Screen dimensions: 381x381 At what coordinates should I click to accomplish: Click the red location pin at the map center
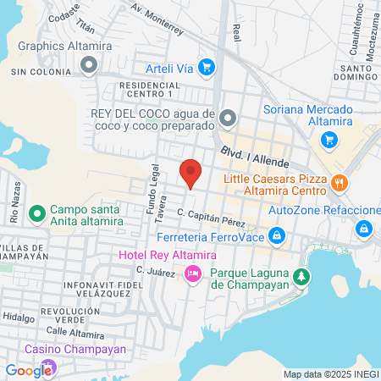[191, 172]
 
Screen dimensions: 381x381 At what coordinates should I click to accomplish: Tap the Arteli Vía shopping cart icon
[216, 67]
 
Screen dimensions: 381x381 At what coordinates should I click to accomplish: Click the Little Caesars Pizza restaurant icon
[339, 182]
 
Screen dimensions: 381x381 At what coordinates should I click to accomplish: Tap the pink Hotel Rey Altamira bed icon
[193, 273]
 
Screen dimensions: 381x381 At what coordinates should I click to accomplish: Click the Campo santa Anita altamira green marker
[36, 213]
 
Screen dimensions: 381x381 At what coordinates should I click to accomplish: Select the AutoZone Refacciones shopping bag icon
[363, 228]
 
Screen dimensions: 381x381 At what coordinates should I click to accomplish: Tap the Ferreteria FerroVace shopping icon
[275, 235]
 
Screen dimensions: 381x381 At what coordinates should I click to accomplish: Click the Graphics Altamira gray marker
[89, 64]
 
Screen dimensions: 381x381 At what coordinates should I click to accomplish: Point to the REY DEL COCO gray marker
[226, 117]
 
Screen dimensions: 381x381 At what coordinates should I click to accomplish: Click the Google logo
[28, 370]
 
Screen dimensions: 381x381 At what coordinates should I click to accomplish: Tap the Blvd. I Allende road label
[256, 155]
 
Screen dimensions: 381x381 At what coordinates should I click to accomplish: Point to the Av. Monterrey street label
[157, 18]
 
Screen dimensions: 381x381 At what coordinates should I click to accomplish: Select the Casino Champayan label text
[75, 349]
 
